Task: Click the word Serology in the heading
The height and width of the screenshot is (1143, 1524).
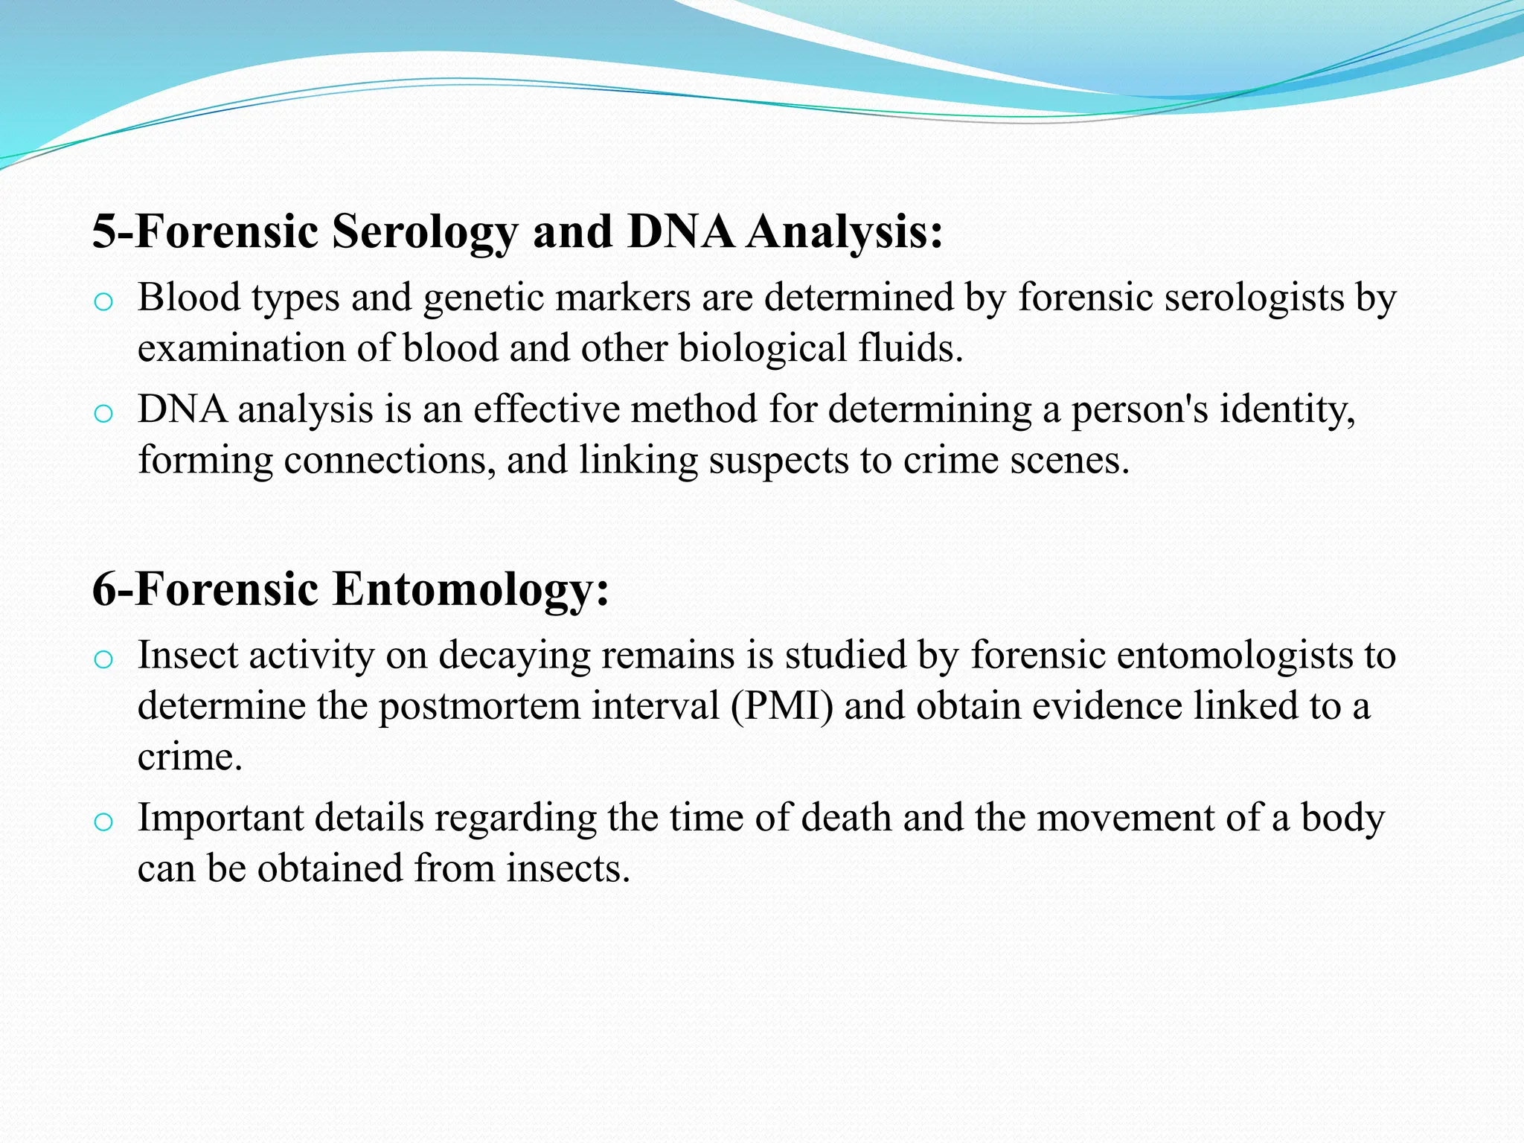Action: (x=424, y=232)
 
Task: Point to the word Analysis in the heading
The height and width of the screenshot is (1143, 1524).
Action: (x=845, y=232)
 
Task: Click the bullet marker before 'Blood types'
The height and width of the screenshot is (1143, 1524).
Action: (x=103, y=301)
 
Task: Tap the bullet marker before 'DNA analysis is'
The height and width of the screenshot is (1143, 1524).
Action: (x=103, y=413)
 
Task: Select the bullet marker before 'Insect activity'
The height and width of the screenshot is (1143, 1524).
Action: (x=103, y=659)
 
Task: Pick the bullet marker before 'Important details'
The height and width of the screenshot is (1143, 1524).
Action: (x=103, y=822)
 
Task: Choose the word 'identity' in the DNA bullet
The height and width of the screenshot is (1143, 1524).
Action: (x=1287, y=410)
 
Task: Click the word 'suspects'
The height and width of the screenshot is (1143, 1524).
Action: (x=778, y=460)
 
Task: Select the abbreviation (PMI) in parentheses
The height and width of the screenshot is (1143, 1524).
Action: (x=782, y=706)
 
